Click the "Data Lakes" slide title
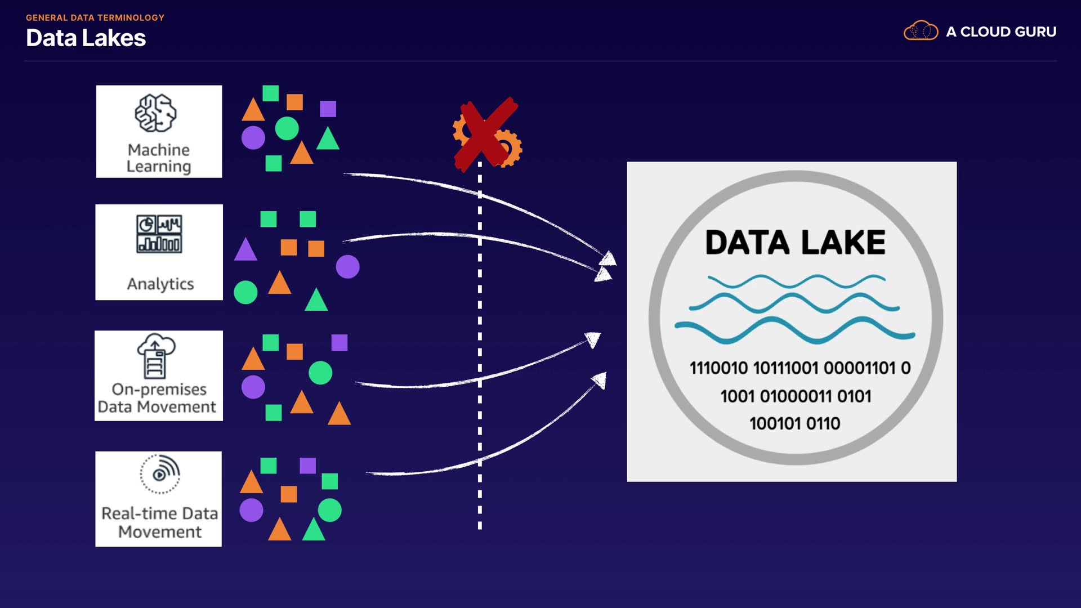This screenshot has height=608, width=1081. coord(86,38)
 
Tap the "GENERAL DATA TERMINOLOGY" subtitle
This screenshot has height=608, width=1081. coord(95,17)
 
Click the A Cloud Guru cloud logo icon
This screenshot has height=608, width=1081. coord(921,31)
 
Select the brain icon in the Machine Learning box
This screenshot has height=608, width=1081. coord(155,113)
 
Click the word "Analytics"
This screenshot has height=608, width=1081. coord(160,284)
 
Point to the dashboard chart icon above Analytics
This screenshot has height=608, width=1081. coord(159,234)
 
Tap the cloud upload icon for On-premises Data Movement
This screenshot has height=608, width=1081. coord(157,355)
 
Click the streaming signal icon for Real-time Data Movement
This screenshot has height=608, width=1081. coord(160,474)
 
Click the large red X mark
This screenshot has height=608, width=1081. coord(486,134)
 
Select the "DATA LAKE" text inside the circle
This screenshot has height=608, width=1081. coord(795,243)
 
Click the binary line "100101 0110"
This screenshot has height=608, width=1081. coord(794,423)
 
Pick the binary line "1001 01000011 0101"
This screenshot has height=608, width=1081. coord(796,396)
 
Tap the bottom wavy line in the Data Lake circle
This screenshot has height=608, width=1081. coord(794,330)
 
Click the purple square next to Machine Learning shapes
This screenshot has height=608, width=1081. coord(328,109)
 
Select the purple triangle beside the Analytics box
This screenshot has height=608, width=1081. coord(245,249)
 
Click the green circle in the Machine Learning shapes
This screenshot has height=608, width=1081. coord(287,128)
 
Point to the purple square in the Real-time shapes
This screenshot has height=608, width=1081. coord(307,466)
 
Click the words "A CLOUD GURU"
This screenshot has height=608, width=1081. coord(1001,32)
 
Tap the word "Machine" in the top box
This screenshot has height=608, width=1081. coord(159,150)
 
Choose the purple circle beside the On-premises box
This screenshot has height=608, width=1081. coord(253,387)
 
